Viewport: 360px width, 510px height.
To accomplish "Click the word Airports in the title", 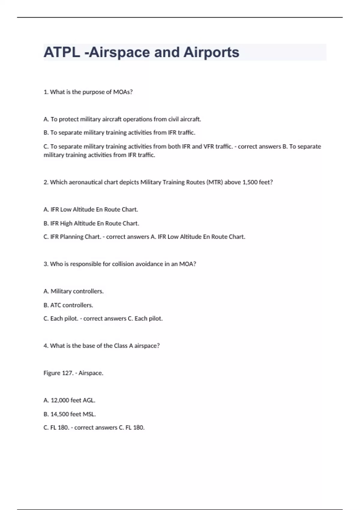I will coord(211,52).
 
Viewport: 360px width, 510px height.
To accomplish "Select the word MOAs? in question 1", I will coord(123,92).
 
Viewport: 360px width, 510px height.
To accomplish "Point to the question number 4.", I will coord(46,346).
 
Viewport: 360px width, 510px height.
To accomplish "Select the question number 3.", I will coord(46,264).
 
